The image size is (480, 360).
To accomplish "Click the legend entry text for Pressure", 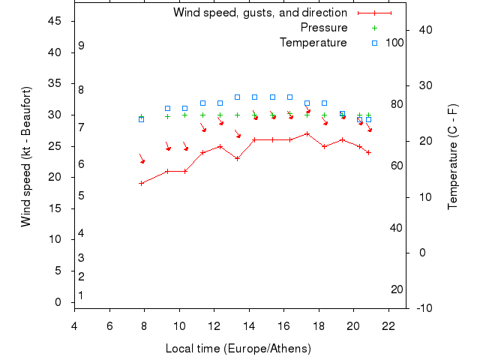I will [323, 28].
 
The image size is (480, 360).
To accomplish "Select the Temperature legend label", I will [313, 43].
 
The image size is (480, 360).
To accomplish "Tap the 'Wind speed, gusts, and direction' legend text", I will [260, 13].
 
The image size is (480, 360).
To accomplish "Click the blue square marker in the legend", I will [374, 43].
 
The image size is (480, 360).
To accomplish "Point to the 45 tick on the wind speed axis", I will [55, 21].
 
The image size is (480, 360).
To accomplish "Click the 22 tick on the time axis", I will [388, 325].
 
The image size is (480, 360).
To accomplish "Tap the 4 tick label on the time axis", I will [74, 325].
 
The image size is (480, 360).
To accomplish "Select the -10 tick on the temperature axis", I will [423, 307].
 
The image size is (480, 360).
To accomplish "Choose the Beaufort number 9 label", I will [81, 46].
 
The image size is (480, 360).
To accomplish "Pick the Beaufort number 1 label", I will [81, 295].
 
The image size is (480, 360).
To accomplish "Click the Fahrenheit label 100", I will [395, 43].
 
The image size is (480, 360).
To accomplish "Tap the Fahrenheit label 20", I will [397, 289].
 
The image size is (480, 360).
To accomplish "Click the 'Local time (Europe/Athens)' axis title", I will [238, 349].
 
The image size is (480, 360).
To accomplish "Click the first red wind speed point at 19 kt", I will [141, 183].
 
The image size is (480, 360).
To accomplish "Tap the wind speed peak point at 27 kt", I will [307, 133].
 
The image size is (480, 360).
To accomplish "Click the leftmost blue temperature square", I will [141, 119].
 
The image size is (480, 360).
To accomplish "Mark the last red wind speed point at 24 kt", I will [368, 152].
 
